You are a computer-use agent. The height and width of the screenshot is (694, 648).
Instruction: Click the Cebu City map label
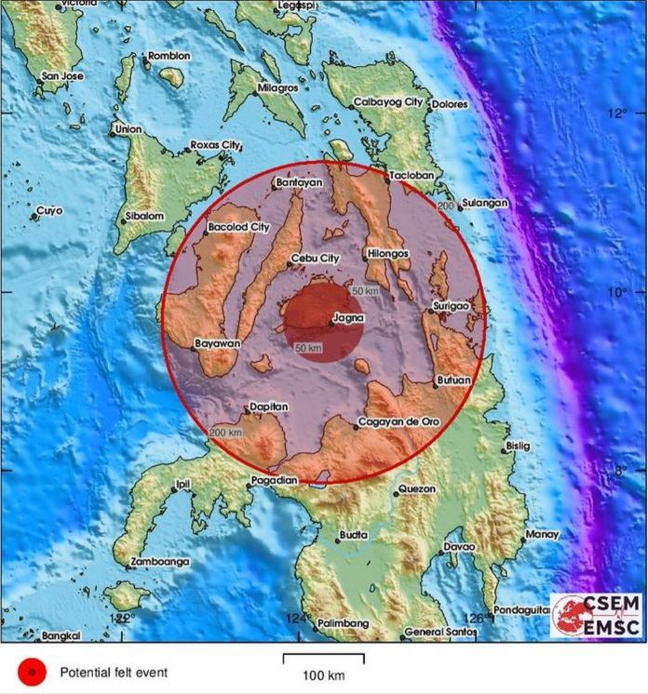click(316, 258)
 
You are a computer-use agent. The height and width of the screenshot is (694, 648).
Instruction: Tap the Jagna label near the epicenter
click(347, 318)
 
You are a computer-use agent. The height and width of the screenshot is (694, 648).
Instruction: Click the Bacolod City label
click(239, 226)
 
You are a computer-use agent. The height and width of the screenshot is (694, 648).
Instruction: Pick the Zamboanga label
click(161, 562)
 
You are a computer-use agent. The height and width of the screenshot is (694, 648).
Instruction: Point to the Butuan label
click(453, 380)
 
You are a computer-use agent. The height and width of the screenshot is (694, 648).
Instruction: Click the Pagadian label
click(275, 480)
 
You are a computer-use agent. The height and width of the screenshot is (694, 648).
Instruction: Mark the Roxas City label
click(215, 145)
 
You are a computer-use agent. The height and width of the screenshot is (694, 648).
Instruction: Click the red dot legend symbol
click(33, 671)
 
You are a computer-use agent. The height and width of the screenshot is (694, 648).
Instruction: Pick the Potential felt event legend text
click(115, 671)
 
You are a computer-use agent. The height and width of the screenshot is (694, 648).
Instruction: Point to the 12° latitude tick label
click(614, 113)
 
